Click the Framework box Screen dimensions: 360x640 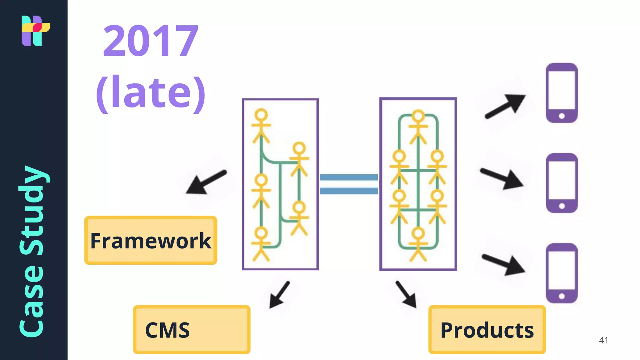click(x=151, y=240)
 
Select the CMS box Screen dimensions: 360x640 click(x=192, y=330)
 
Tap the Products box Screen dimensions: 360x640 click(x=487, y=330)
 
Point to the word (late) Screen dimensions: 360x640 click(x=150, y=92)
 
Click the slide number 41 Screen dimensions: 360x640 click(x=603, y=340)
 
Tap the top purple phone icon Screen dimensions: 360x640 click(x=562, y=93)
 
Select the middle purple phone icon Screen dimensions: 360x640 click(x=562, y=183)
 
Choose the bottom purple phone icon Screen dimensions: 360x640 click(x=562, y=273)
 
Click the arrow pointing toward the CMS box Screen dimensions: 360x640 click(x=280, y=294)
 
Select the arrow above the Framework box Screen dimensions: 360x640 click(x=206, y=182)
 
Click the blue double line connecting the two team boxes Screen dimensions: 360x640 click(x=349, y=184)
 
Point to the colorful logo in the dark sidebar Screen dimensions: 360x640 click(x=35, y=31)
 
